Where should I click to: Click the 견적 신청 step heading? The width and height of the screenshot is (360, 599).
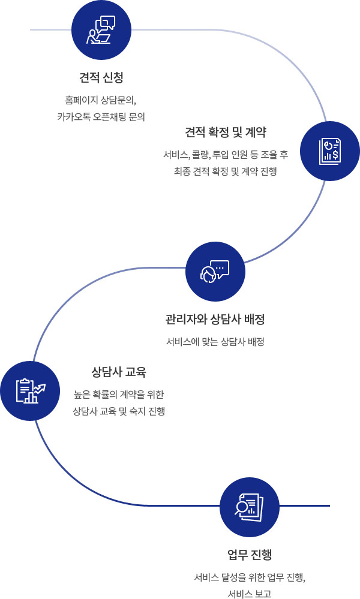point(101,77)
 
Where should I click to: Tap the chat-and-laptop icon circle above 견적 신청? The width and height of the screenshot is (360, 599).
point(101,30)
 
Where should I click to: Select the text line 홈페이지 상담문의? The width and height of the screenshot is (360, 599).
point(101,101)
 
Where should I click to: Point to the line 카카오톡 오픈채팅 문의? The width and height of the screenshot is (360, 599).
point(101,116)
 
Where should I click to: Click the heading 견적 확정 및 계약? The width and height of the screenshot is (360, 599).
point(226,132)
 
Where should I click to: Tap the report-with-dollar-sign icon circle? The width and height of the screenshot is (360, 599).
point(330,151)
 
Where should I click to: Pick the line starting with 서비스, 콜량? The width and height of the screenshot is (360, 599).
point(226,155)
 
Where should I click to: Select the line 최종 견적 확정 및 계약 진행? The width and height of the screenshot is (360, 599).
point(226,171)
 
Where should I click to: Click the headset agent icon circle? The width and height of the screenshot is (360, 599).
point(215,272)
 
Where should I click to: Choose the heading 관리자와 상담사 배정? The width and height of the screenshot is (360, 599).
point(215,320)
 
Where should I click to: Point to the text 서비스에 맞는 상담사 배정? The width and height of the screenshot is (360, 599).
point(215,342)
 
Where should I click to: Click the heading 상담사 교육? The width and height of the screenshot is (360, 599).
point(119,372)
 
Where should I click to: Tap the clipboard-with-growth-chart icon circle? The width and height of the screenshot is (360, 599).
point(30,391)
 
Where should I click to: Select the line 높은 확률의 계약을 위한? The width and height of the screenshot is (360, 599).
point(119,395)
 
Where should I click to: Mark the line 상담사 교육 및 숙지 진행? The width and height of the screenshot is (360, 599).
point(119,411)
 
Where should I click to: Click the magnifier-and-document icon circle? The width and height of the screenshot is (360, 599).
point(250,507)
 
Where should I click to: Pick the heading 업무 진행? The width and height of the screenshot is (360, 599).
point(250,554)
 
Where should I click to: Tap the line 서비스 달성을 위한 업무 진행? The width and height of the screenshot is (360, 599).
point(250,577)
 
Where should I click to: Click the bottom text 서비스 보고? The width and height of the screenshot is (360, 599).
point(250,594)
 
